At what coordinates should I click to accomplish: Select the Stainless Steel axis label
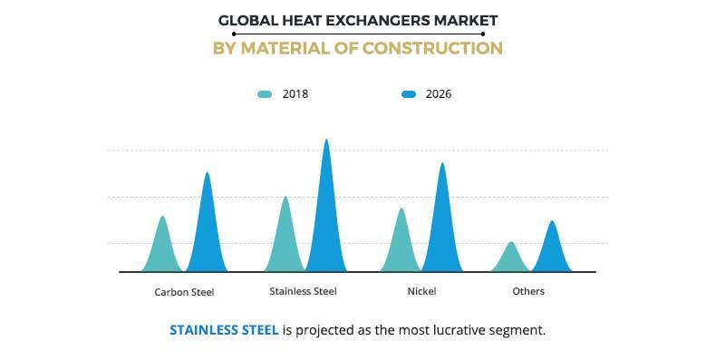pyautogui.click(x=303, y=291)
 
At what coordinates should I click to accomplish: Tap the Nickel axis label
pyautogui.click(x=421, y=291)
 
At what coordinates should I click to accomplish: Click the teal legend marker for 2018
pyautogui.click(x=265, y=93)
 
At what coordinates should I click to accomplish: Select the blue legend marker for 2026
pyautogui.click(x=409, y=93)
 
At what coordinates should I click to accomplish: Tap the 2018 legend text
pyautogui.click(x=295, y=93)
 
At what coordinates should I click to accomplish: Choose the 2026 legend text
pyautogui.click(x=439, y=93)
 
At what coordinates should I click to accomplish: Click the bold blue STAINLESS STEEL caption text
pyautogui.click(x=224, y=330)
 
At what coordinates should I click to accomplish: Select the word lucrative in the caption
pyautogui.click(x=447, y=330)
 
